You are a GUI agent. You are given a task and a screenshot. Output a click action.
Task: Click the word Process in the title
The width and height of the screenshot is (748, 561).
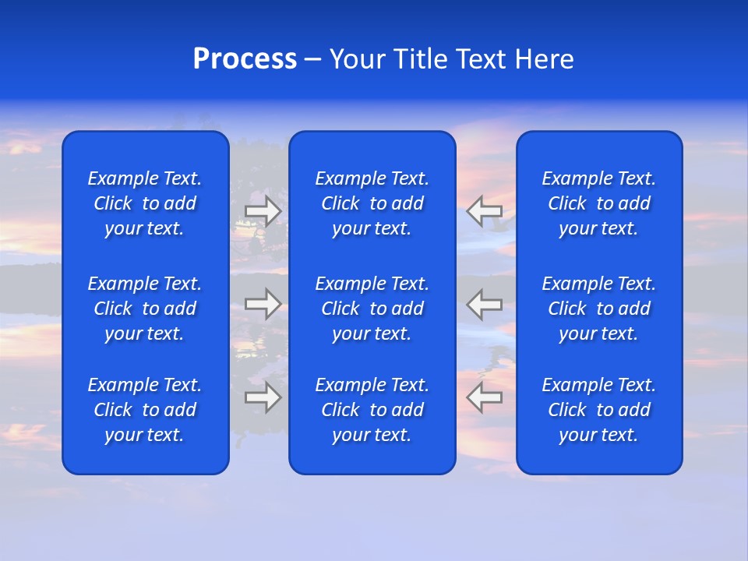click(x=245, y=59)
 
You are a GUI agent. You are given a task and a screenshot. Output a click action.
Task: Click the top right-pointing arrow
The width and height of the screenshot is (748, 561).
click(x=263, y=211)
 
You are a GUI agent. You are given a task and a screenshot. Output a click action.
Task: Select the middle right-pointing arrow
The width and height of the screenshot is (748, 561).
click(x=263, y=304)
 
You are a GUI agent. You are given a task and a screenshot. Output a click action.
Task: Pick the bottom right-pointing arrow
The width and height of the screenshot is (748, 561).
click(x=263, y=397)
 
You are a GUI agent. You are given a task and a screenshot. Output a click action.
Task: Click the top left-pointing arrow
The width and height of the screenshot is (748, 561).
click(x=485, y=211)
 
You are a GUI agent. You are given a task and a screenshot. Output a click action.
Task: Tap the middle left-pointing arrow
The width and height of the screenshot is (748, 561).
click(x=485, y=304)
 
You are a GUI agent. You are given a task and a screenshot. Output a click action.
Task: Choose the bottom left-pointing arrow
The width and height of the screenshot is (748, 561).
click(x=485, y=397)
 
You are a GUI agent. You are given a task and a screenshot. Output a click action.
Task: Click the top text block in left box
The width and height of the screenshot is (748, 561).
click(x=145, y=203)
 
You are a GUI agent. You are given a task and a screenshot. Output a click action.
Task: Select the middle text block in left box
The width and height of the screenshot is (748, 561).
click(x=145, y=309)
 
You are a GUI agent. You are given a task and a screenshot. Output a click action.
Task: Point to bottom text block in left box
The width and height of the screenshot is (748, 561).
click(x=145, y=410)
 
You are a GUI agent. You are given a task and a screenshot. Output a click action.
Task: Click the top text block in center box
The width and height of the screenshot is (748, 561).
click(x=372, y=203)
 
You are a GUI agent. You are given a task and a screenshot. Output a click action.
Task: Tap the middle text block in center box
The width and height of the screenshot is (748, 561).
click(x=372, y=309)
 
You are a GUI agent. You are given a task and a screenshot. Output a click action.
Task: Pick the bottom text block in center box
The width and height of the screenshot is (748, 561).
click(x=372, y=410)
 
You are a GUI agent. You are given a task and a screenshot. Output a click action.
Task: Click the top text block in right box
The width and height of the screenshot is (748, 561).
click(x=599, y=203)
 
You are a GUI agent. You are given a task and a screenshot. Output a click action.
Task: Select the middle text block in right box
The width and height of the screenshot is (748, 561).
click(x=599, y=309)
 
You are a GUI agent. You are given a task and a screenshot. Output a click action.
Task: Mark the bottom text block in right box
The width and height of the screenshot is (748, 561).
click(x=599, y=410)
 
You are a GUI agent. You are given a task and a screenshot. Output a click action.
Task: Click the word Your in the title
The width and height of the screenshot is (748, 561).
click(x=356, y=59)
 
